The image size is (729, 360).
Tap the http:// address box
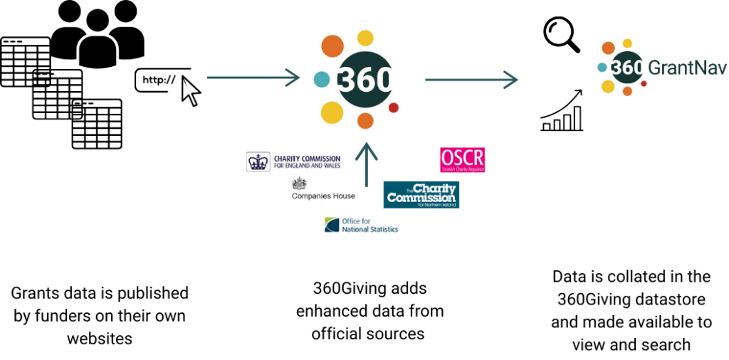160,80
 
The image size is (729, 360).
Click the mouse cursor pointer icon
191,92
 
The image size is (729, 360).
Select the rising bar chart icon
562,112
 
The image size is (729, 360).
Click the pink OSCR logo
462,160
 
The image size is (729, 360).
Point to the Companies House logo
322,189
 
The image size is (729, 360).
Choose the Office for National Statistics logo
361,226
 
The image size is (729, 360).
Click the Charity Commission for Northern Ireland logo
421,195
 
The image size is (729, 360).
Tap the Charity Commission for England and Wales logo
293,162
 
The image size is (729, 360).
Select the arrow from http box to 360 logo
253,78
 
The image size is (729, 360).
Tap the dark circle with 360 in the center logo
364,79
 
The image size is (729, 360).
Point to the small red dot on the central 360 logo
393,107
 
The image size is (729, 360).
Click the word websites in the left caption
100,339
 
